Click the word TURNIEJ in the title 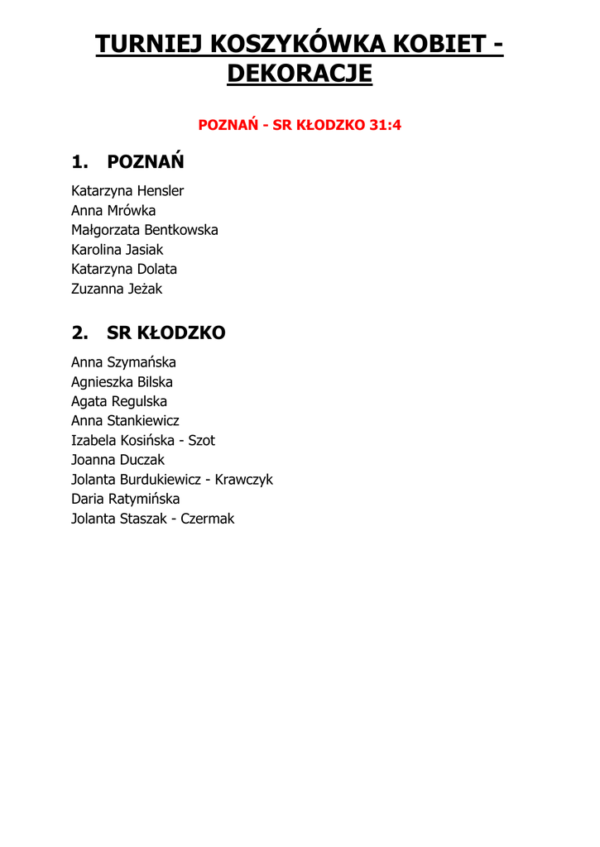coord(146,44)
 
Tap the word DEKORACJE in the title coord(300,74)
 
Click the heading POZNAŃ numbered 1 coord(146,161)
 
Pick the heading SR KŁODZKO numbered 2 coord(166,333)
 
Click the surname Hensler coord(161,190)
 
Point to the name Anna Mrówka coord(113,210)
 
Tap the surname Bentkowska coord(181,230)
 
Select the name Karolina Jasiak coord(118,249)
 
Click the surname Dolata coord(157,269)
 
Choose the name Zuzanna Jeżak coord(117,289)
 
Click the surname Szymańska coord(142,362)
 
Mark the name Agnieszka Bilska coord(122,382)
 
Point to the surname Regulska coord(139,401)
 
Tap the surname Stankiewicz coord(143,421)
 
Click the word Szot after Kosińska coord(202,441)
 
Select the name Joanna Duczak coord(118,460)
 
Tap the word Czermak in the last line coord(208,519)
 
